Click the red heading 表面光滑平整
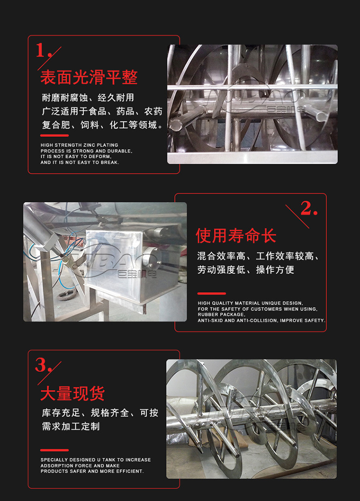(x=89, y=77)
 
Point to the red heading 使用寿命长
(x=236, y=236)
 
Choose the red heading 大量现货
(x=72, y=394)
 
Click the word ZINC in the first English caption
(x=89, y=145)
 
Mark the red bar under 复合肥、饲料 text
(x=55, y=135)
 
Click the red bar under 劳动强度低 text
(x=212, y=293)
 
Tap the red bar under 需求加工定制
(x=55, y=450)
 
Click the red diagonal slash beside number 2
(x=297, y=216)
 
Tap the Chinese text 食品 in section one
(x=97, y=111)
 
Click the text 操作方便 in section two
(x=275, y=270)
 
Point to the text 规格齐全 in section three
(x=109, y=413)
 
